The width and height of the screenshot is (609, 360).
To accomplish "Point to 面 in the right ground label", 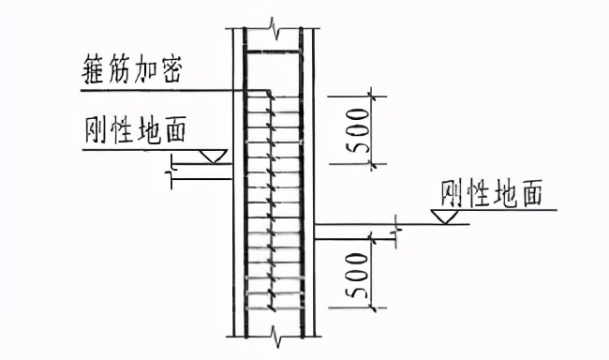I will (535, 195).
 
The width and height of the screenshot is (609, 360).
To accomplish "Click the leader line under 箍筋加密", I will (169, 90).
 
